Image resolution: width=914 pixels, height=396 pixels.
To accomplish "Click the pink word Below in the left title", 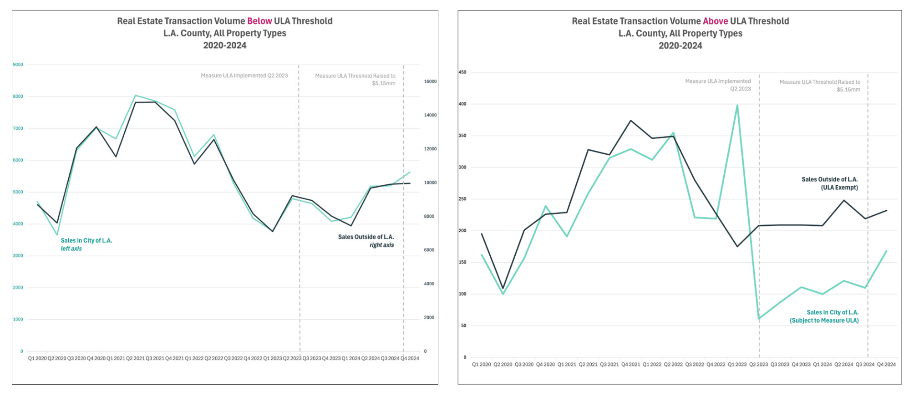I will (259, 21).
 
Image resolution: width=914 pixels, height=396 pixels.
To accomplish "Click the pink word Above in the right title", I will (715, 21).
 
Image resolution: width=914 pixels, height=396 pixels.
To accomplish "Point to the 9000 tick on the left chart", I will (18, 65).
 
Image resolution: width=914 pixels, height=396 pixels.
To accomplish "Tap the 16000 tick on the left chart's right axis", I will (430, 81).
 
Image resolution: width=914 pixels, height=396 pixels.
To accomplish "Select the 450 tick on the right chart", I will (462, 72).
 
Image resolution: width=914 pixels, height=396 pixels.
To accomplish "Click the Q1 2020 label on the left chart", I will (37, 358).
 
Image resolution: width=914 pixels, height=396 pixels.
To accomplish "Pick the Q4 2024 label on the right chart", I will (886, 364).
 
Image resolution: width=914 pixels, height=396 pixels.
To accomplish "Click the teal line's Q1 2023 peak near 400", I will (737, 105).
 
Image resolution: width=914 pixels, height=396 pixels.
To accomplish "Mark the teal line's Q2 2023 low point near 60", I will (759, 319).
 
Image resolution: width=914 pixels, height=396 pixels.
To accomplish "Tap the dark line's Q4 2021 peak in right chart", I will (630, 121).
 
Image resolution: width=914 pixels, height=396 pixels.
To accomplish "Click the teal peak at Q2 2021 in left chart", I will (136, 96).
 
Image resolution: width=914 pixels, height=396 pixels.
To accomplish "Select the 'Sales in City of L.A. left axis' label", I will (86, 244).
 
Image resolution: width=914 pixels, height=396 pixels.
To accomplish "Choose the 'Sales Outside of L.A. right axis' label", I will (366, 241).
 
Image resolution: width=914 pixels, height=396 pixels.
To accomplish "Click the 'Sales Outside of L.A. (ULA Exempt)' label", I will (829, 183).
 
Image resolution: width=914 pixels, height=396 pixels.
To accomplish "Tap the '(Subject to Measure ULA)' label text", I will (824, 320).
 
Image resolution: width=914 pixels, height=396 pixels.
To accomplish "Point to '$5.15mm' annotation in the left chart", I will (383, 83).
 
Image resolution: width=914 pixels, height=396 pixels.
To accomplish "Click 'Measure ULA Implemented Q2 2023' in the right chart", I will (718, 85).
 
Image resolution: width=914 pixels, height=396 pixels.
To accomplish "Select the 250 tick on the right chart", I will (462, 199).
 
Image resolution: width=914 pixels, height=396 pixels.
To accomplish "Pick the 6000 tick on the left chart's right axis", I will (429, 250).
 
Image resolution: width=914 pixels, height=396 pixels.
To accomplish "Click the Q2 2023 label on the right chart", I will (758, 364).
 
